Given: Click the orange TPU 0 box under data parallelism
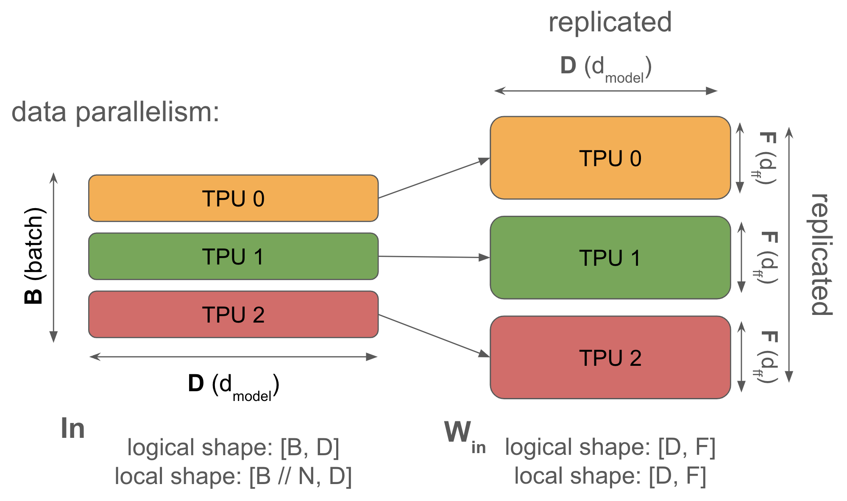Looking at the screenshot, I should pyautogui.click(x=233, y=198).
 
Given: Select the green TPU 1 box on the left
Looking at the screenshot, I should pyautogui.click(x=233, y=256).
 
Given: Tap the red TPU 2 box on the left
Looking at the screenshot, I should pyautogui.click(x=233, y=315).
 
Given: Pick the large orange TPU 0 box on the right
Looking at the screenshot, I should pyautogui.click(x=610, y=158).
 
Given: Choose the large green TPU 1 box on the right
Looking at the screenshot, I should pyautogui.click(x=610, y=258).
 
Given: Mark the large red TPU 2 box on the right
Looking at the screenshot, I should pyautogui.click(x=610, y=357).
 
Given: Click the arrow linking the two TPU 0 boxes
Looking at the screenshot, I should pyautogui.click(x=434, y=178).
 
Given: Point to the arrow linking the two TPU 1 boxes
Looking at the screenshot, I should pyautogui.click(x=434, y=257).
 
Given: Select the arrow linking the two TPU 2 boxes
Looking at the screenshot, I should pyautogui.click(x=434, y=335).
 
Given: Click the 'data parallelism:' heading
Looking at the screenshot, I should pyautogui.click(x=115, y=112).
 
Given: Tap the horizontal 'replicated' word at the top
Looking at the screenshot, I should pyautogui.click(x=610, y=22).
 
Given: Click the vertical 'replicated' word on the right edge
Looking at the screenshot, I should pyautogui.click(x=822, y=254).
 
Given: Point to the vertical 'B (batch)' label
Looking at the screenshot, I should pyautogui.click(x=34, y=256).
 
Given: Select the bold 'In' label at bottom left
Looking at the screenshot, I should pyautogui.click(x=72, y=428).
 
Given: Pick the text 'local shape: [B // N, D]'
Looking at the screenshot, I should pyautogui.click(x=233, y=476).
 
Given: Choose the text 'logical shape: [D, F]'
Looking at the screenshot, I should pyautogui.click(x=610, y=447).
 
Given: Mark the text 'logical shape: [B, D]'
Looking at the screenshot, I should pyautogui.click(x=233, y=448).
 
